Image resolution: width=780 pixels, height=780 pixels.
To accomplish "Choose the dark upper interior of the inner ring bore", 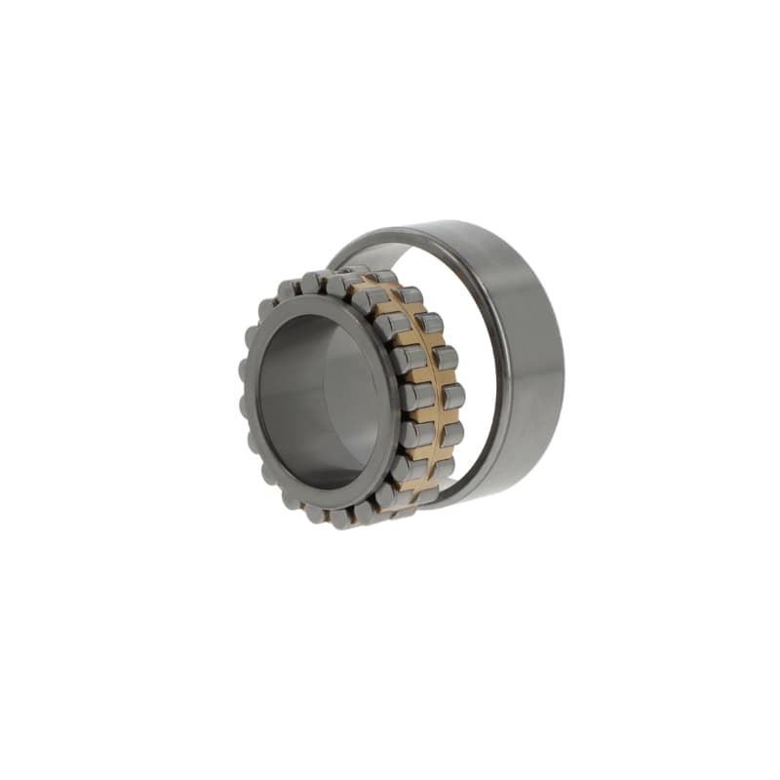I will pyautogui.click(x=312, y=331).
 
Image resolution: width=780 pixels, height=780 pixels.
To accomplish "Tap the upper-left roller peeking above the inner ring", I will pyautogui.click(x=287, y=291).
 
